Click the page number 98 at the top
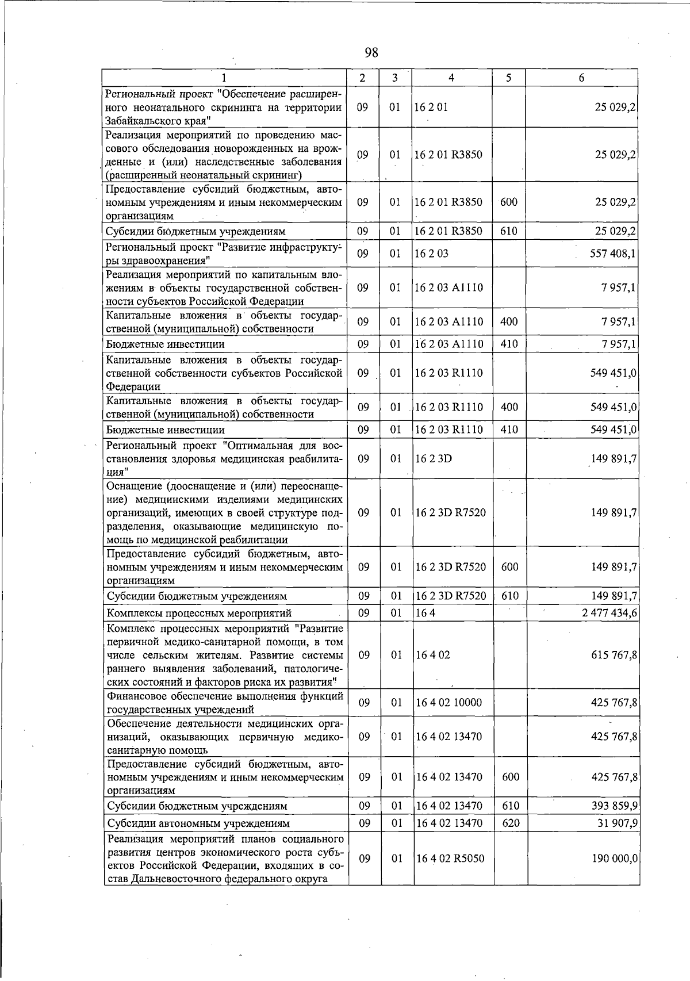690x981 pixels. [371, 53]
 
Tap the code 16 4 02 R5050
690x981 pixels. [450, 859]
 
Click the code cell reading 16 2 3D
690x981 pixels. [434, 459]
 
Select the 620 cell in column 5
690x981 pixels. [511, 823]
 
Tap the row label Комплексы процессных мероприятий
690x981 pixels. [200, 613]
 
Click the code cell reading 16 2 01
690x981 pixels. [431, 108]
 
